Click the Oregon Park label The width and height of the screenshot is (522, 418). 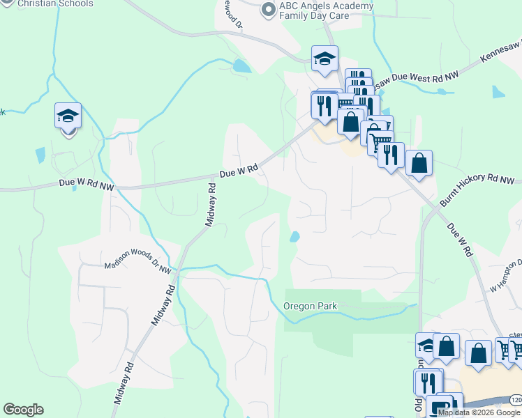311,306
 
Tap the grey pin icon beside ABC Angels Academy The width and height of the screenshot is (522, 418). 268,9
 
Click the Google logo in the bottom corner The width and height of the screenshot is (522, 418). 23,410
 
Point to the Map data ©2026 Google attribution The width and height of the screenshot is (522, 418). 479,412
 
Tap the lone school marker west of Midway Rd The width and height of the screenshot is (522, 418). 68,116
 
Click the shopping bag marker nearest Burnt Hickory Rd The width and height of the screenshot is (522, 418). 419,164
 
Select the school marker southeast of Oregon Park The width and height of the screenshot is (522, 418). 427,346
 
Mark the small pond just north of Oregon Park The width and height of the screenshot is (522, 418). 294,237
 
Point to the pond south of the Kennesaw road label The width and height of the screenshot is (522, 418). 498,92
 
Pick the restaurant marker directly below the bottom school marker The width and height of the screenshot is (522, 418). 427,382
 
